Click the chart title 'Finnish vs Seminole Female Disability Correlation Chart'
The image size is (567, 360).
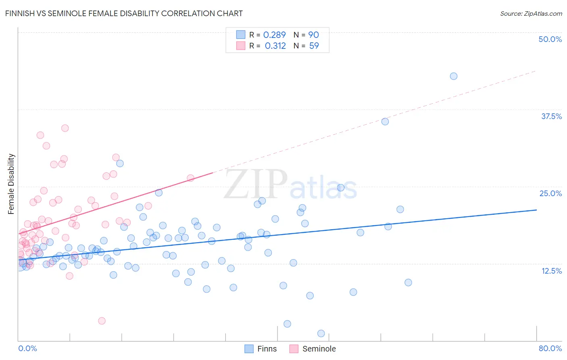124,13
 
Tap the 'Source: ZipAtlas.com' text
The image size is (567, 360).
531,13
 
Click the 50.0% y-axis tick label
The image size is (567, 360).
550,39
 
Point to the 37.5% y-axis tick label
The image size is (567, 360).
551,116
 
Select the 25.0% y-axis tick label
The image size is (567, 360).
550,193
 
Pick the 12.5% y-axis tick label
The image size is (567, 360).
551,270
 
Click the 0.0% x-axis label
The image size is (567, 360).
27,348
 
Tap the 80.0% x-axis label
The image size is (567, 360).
550,348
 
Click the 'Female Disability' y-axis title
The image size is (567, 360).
11,184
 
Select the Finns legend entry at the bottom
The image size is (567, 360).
261,349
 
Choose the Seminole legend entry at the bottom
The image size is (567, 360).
313,349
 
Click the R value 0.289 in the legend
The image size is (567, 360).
274,35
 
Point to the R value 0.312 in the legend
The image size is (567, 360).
275,46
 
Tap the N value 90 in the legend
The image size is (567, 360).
314,35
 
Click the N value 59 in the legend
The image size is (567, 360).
314,46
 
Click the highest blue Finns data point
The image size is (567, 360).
454,76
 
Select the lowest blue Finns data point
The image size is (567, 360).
321,333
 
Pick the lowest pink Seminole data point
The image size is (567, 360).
102,321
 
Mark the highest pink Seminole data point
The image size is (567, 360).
65,128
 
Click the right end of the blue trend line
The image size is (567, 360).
536,210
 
